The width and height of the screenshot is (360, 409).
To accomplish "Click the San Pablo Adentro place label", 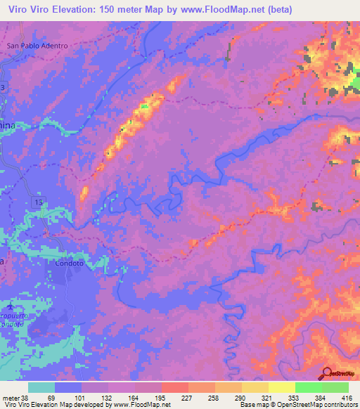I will (37, 46).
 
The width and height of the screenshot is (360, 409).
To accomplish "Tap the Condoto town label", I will (68, 264).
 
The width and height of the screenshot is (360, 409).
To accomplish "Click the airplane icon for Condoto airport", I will (11, 307).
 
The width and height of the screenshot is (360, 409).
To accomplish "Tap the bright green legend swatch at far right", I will (335, 387).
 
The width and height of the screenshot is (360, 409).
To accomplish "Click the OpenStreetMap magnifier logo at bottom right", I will (326, 374).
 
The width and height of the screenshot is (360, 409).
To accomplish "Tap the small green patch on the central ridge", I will (143, 107).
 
